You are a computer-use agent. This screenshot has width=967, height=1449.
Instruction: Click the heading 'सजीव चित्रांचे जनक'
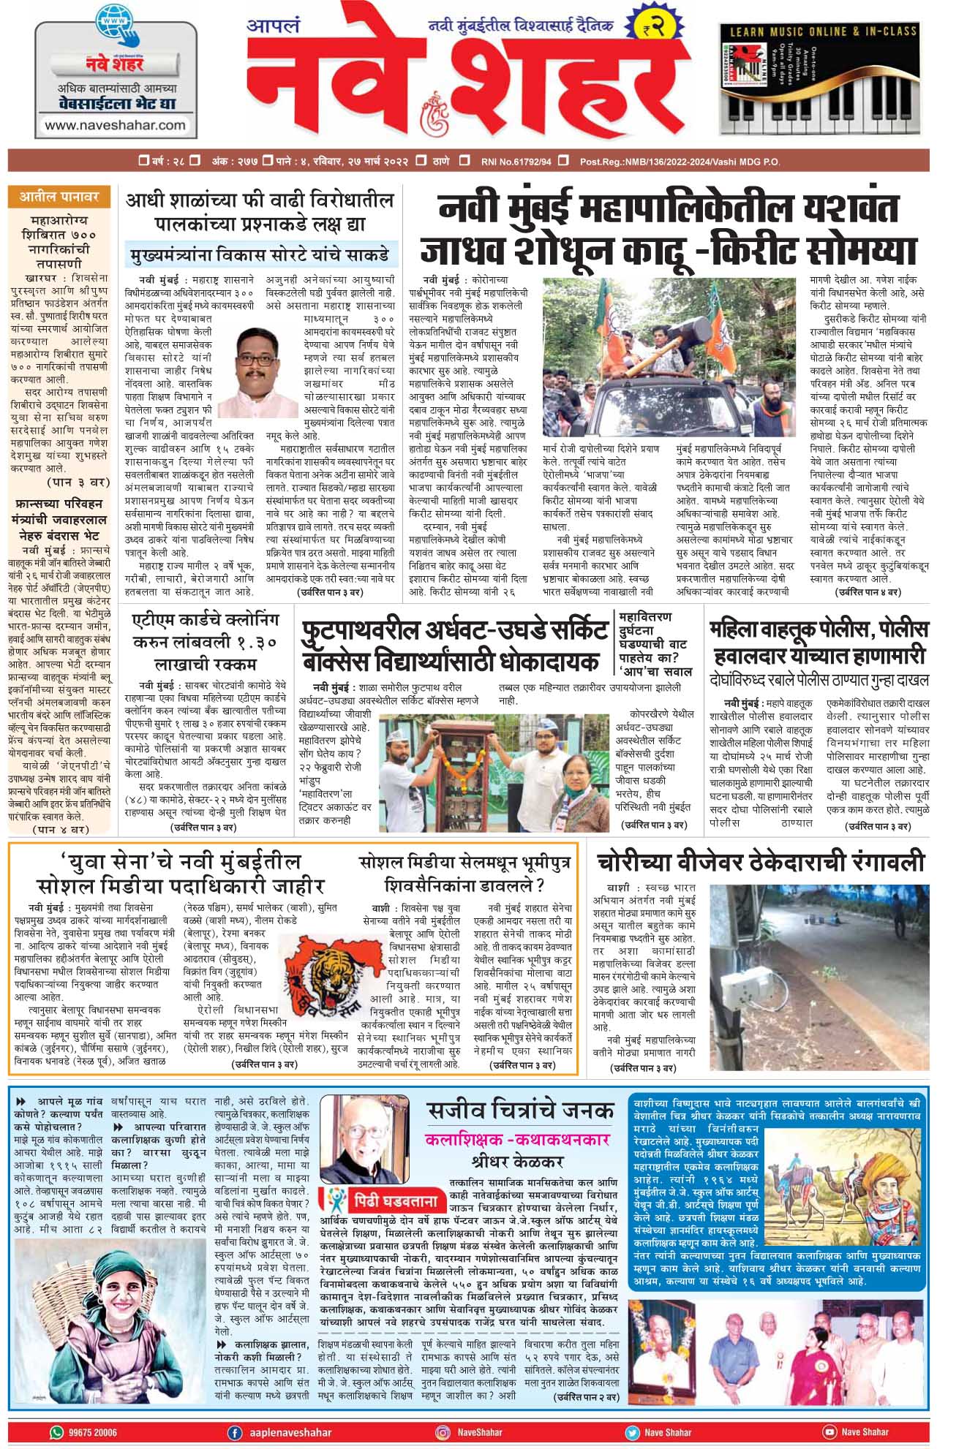coord(521,1111)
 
